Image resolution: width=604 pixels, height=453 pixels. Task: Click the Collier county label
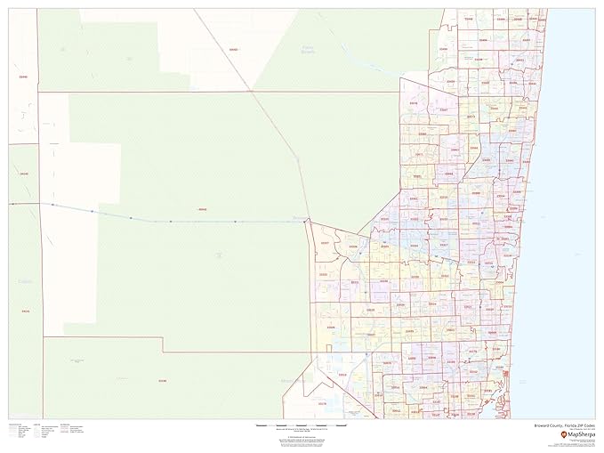(23, 283)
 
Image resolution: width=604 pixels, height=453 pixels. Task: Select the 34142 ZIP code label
(24, 174)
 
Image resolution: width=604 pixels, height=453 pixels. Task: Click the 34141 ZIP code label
(24, 311)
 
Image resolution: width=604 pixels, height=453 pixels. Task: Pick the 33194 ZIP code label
(161, 381)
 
